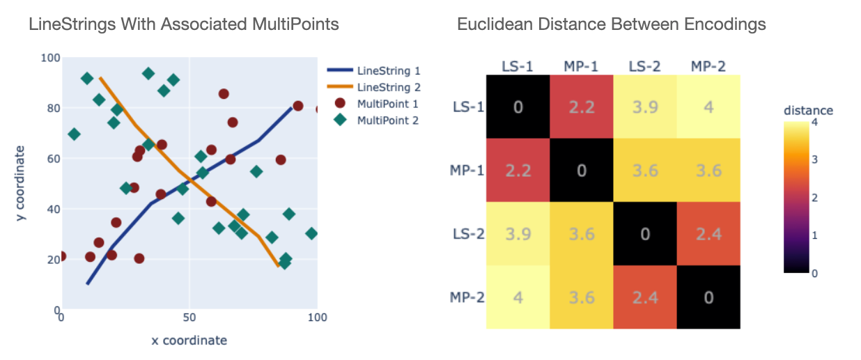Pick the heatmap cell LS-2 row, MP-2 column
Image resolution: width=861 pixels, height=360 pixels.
(708, 233)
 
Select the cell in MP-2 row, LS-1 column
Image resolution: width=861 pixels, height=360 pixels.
(518, 297)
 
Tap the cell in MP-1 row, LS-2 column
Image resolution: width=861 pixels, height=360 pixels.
(644, 170)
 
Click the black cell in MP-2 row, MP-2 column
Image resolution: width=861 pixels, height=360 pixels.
(708, 297)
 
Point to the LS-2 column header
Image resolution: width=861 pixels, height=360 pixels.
(644, 66)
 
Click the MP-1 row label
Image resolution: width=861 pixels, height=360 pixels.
(467, 170)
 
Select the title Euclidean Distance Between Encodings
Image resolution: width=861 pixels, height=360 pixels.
(611, 24)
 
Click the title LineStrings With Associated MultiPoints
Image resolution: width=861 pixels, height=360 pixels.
(183, 24)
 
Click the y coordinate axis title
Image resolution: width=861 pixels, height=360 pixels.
(22, 184)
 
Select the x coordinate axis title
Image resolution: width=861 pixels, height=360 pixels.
(189, 341)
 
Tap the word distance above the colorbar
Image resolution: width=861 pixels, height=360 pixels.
(808, 110)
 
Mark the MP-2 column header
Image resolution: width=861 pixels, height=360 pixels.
(708, 66)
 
